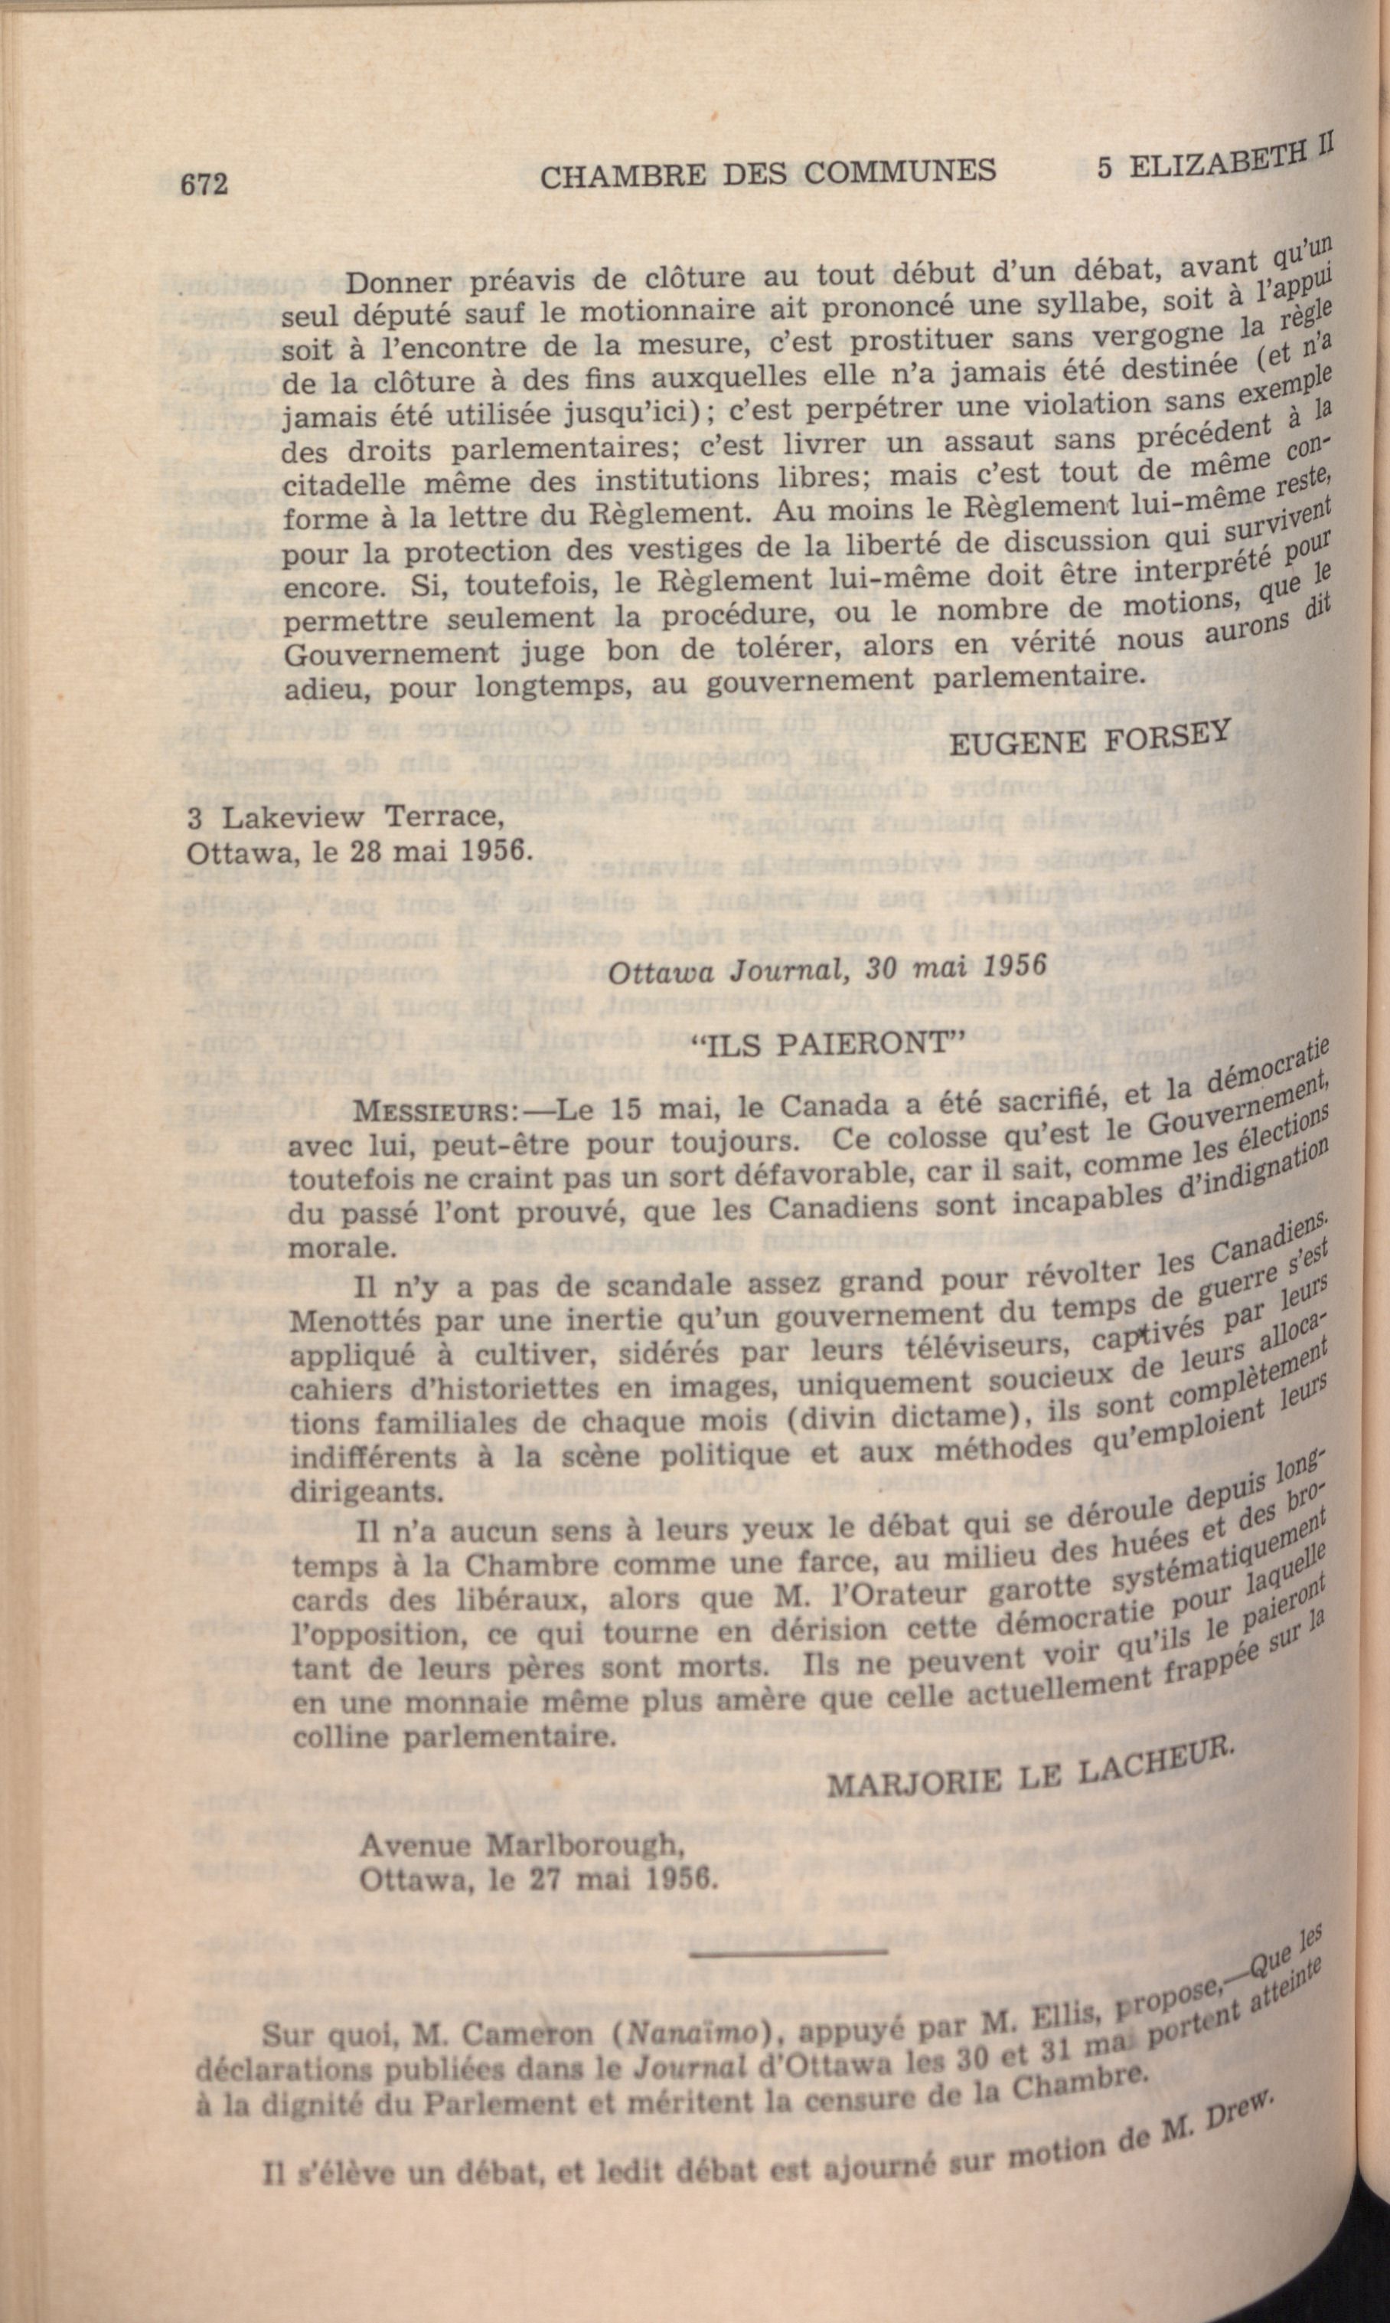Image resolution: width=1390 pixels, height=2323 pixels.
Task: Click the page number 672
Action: click(204, 183)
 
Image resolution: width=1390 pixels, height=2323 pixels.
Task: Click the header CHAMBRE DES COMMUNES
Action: click(769, 173)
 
